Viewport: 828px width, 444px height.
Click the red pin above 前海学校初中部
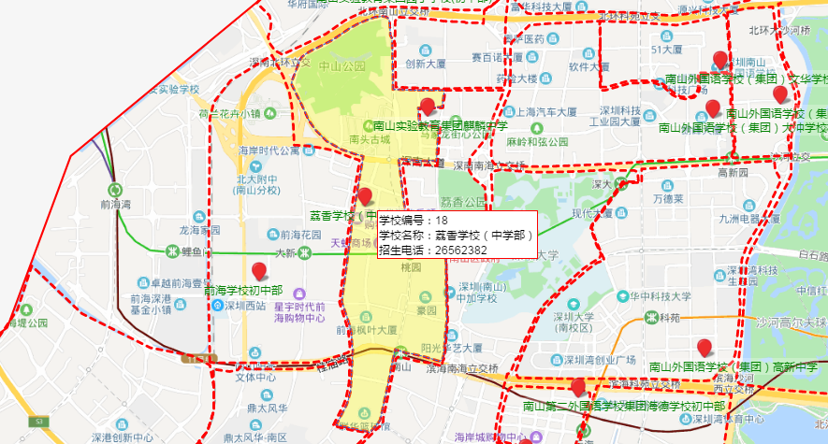coord(259,272)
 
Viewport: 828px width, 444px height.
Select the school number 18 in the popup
coord(442,220)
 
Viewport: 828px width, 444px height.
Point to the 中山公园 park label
coord(341,66)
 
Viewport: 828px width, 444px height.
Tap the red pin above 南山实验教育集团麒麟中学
coord(429,107)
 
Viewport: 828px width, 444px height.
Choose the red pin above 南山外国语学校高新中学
coord(705,349)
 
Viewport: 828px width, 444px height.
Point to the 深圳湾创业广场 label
coord(603,360)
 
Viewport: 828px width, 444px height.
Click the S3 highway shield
coord(199,358)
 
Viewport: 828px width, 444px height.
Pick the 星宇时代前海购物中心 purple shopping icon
coord(301,294)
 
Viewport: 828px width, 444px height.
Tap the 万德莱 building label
coord(676,198)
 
